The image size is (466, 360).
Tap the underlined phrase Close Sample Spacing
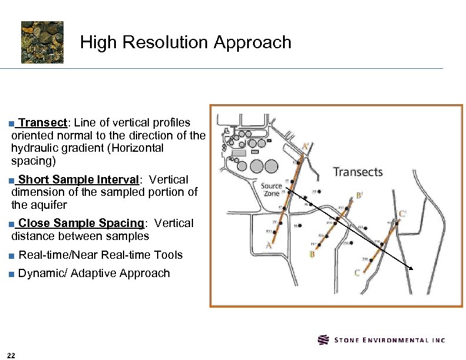pyautogui.click(x=81, y=224)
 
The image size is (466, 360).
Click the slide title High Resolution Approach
pyautogui.click(x=185, y=42)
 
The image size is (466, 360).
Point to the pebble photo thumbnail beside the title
pyautogui.click(x=42, y=42)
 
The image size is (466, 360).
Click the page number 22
pyautogui.click(x=12, y=354)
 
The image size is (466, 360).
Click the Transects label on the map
pyautogui.click(x=358, y=172)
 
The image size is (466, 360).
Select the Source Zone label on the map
pyautogui.click(x=271, y=190)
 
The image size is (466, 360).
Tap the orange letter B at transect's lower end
pyautogui.click(x=312, y=255)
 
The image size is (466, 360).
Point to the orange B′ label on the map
pyautogui.click(x=359, y=196)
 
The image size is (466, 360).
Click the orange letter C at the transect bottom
pyautogui.click(x=357, y=273)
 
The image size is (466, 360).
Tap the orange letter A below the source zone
pyautogui.click(x=268, y=245)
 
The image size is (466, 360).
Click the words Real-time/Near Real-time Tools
pyautogui.click(x=101, y=255)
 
